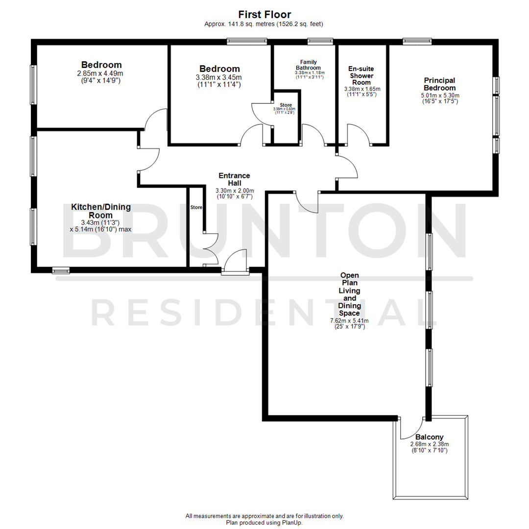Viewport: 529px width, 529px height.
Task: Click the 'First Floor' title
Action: pyautogui.click(x=264, y=14)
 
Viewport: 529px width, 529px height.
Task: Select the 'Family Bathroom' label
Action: pyautogui.click(x=308, y=65)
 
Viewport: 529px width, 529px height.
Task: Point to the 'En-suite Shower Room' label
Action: pyautogui.click(x=361, y=76)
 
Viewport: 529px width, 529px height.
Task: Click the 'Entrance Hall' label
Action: pyautogui.click(x=234, y=179)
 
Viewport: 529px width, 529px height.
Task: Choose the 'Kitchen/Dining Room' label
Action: pyautogui.click(x=101, y=211)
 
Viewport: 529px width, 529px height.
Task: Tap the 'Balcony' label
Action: pyautogui.click(x=429, y=437)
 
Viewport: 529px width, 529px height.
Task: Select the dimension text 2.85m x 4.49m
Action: pyautogui.click(x=101, y=73)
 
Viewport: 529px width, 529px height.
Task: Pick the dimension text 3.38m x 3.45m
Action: pyautogui.click(x=219, y=77)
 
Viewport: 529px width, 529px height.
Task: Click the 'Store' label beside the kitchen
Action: pyautogui.click(x=196, y=208)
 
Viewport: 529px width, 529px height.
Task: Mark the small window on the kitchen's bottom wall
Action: pyautogui.click(x=61, y=269)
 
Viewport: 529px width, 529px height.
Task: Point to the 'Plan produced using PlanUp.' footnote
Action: pyautogui.click(x=264, y=523)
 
